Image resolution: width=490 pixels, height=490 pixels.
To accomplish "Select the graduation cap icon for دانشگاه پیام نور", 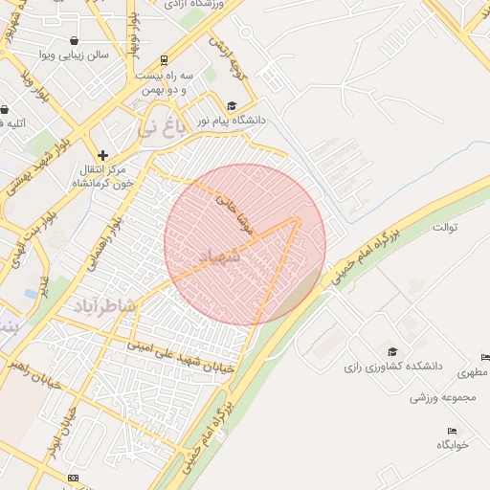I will point(232,105).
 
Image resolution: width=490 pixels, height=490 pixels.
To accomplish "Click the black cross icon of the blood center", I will point(102,154).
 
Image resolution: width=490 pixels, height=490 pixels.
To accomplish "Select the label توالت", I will point(446,228).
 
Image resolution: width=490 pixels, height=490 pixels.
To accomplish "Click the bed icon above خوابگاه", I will point(453,431).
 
